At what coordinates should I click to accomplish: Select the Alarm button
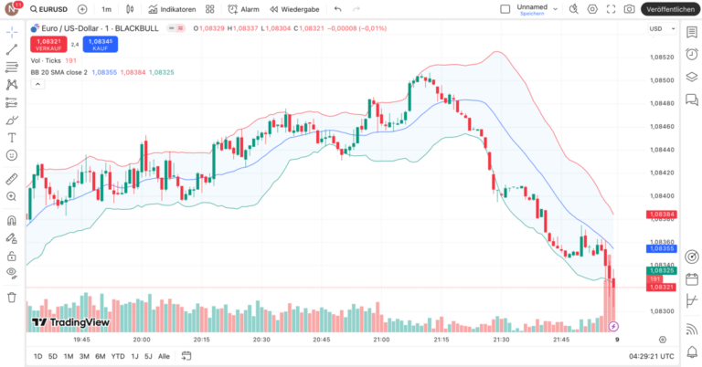pos(243,9)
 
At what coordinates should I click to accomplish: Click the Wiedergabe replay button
pos(293,9)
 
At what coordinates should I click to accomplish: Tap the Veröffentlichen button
pos(670,9)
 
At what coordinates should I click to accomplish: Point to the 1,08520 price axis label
pos(661,57)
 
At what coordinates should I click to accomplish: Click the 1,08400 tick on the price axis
pos(661,195)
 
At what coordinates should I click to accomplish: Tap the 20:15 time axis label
pos(201,339)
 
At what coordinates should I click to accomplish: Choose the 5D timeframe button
pos(52,356)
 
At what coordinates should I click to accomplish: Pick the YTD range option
pos(118,356)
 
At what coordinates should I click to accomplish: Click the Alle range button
pos(164,356)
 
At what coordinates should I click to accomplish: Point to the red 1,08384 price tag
pos(661,215)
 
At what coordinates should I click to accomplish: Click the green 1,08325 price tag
pos(661,271)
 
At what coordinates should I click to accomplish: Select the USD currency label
pos(654,28)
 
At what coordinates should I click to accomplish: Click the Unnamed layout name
pos(531,6)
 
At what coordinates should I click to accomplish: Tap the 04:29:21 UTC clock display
pos(650,356)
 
